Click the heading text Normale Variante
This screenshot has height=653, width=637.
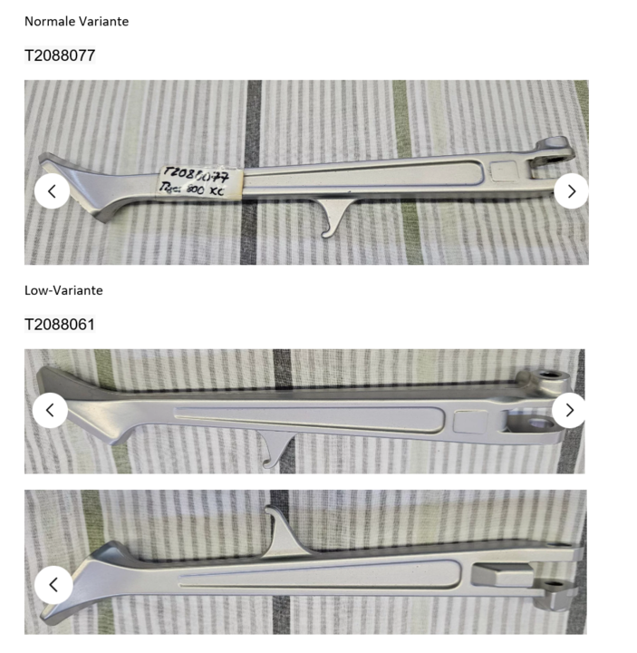click(x=76, y=21)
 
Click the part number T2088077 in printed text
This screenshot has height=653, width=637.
click(x=60, y=55)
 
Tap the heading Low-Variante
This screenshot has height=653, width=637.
click(x=63, y=290)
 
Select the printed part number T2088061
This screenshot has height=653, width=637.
click(x=60, y=324)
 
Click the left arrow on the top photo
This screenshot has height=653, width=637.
click(x=52, y=190)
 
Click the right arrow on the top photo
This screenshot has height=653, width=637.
click(x=571, y=190)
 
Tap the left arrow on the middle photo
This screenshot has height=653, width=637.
click(x=50, y=410)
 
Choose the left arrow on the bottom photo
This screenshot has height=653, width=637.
click(x=53, y=585)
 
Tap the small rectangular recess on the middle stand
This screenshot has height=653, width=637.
click(x=471, y=421)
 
